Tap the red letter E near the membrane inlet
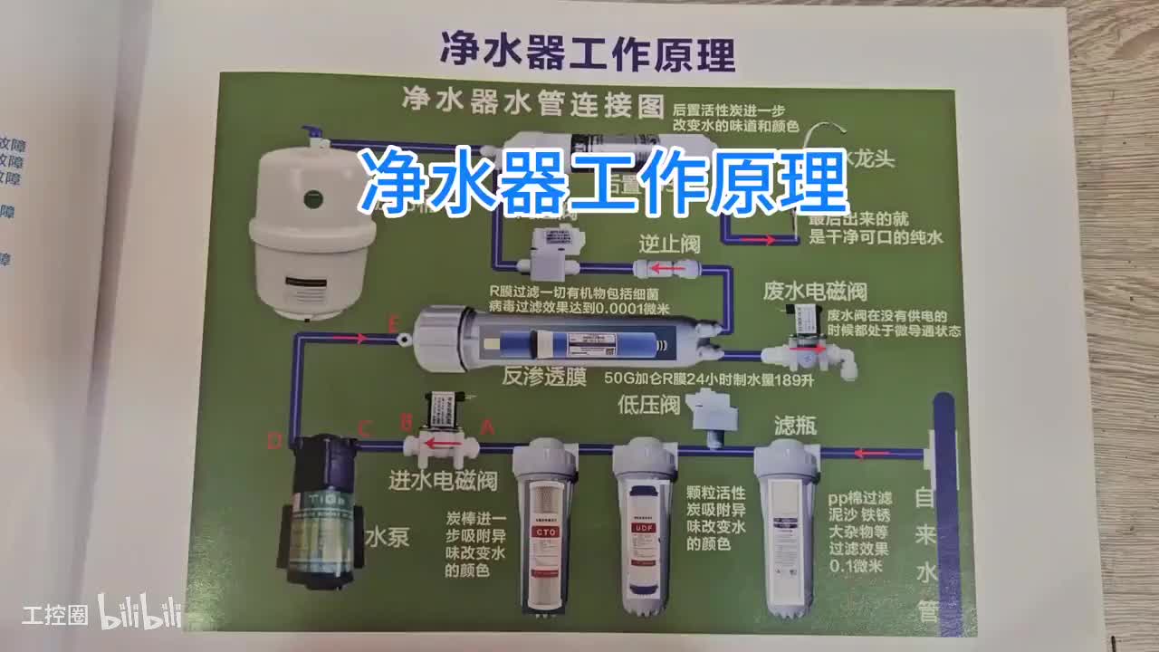click(392, 323)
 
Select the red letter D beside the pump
click(275, 441)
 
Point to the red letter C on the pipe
click(365, 427)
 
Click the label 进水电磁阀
click(443, 480)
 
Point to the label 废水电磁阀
click(815, 291)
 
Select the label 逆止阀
click(669, 244)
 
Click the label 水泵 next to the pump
click(387, 537)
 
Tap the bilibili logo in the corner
click(140, 612)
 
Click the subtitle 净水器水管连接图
click(532, 101)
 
